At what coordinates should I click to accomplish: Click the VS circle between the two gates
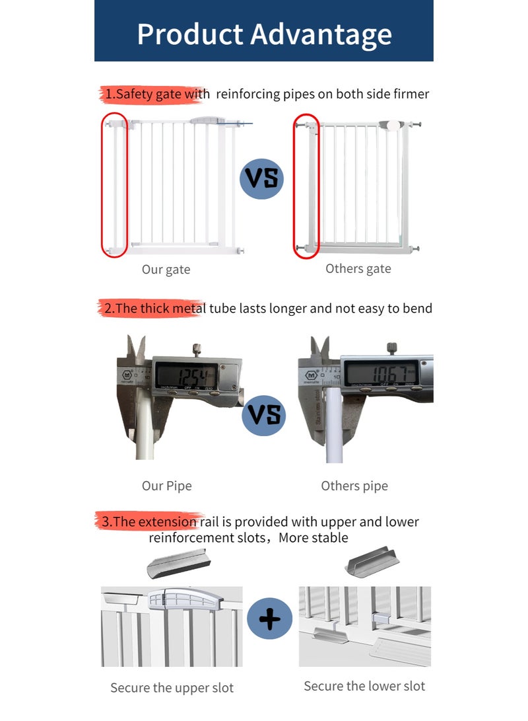(261, 178)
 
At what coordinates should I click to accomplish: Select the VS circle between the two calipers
(264, 414)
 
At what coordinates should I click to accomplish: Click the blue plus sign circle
(269, 619)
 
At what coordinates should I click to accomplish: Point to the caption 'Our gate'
(166, 270)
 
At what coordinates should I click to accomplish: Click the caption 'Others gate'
(358, 269)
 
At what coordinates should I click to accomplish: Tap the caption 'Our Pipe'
(166, 486)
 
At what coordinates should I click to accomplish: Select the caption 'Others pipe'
(354, 486)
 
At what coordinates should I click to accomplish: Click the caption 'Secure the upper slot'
(172, 688)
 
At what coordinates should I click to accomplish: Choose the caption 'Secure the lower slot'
(364, 686)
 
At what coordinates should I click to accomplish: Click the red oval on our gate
(114, 184)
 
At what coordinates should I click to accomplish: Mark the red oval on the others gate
(306, 185)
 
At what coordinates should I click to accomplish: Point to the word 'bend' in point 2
(417, 308)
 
